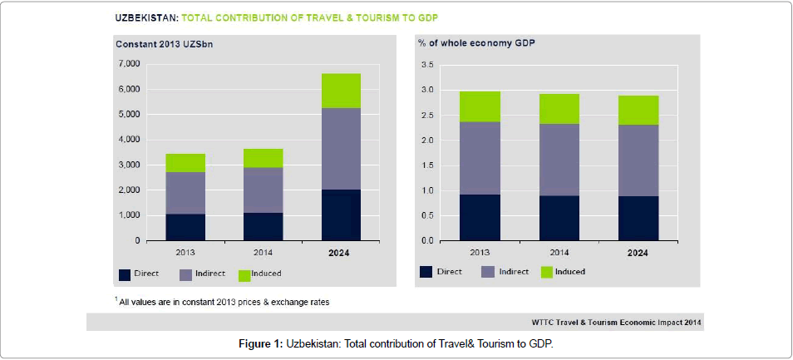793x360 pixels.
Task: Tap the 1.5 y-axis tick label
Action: coord(428,165)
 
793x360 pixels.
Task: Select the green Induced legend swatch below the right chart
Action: coord(548,272)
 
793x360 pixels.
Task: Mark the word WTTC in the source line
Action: coord(543,321)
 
